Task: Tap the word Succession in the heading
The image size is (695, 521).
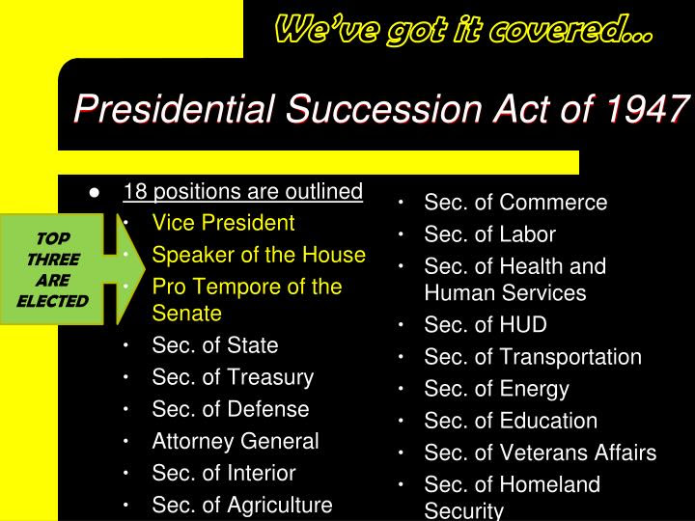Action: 384,108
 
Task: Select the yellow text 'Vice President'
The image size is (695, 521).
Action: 223,223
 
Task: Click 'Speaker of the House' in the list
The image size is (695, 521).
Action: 259,255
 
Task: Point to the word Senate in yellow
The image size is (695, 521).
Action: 186,314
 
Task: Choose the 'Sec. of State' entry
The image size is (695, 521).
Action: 215,345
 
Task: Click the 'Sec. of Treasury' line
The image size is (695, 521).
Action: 233,378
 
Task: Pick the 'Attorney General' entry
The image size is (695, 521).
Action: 236,441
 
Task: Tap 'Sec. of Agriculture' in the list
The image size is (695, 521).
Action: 242,506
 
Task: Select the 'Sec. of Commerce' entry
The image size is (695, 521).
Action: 515,203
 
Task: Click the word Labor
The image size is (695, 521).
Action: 528,234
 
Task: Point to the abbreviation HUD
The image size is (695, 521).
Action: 523,325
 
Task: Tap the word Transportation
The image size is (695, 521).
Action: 570,358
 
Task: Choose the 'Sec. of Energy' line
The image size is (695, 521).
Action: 496,390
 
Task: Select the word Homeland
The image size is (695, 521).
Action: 550,484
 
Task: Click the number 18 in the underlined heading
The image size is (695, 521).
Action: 135,191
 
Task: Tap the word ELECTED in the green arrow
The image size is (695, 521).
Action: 53,301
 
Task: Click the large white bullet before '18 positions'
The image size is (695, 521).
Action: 95,193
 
